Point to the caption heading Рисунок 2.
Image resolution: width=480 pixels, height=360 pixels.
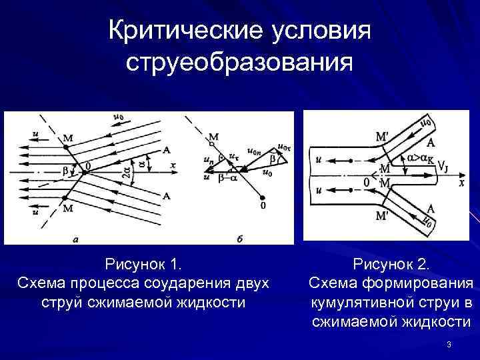(x=391, y=265)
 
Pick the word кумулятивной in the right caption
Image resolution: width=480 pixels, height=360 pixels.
(x=359, y=303)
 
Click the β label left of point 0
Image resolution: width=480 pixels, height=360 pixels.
(x=65, y=171)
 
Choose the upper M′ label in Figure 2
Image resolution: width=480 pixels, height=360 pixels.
(x=383, y=136)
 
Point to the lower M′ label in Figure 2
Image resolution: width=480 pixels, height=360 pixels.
(x=383, y=216)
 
